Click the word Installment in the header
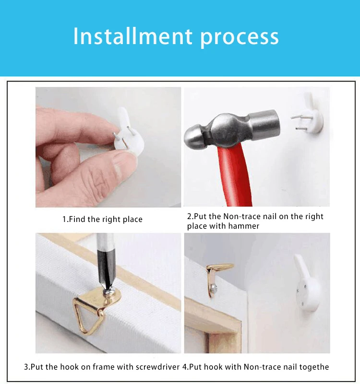point(132,36)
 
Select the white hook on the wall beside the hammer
point(310,115)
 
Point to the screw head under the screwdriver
point(108,291)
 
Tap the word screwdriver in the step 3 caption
point(158,367)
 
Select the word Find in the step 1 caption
point(76,219)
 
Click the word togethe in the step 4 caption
point(314,367)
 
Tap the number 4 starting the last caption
point(185,367)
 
